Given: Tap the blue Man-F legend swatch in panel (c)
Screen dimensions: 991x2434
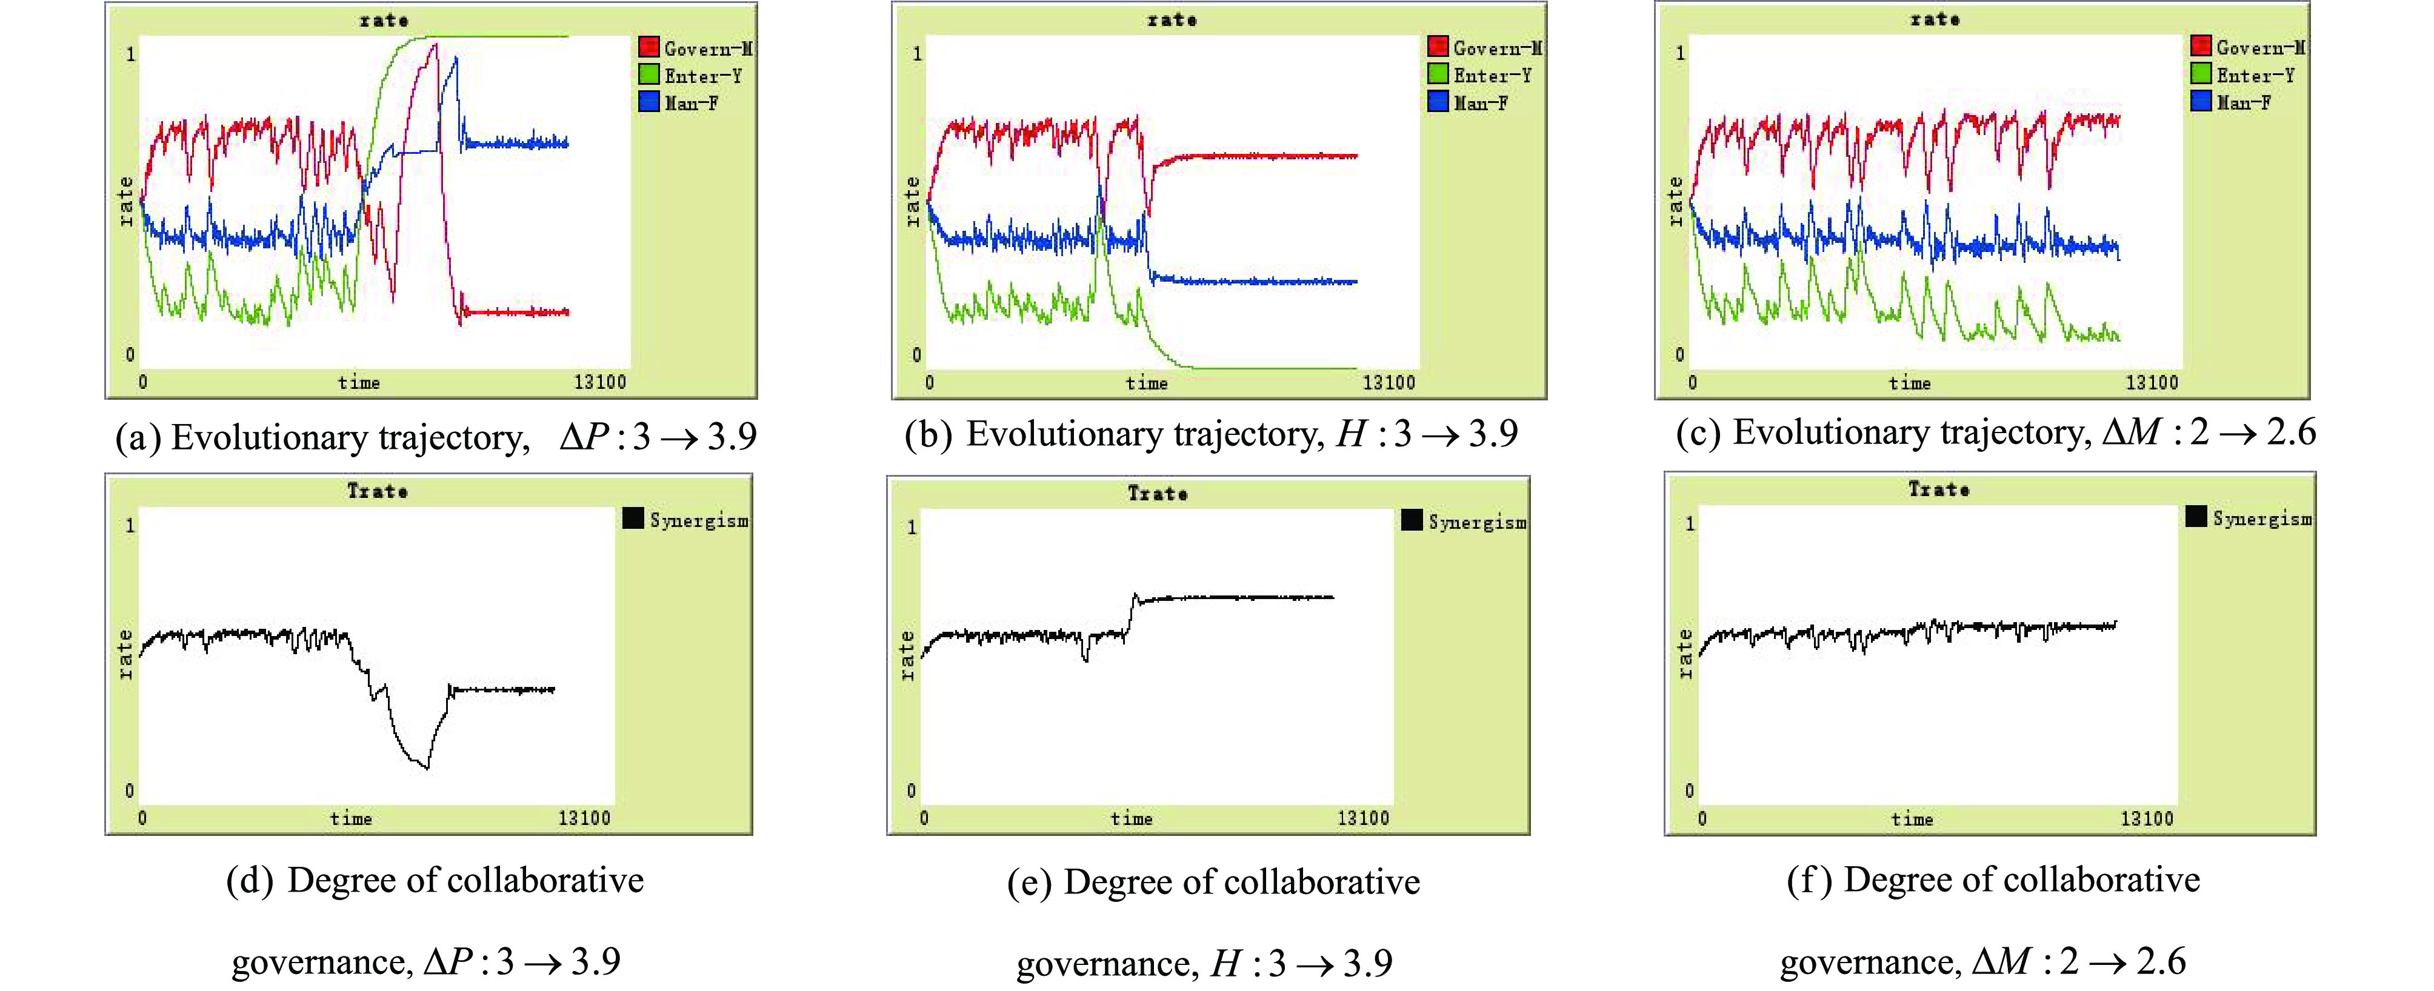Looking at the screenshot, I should (x=2201, y=101).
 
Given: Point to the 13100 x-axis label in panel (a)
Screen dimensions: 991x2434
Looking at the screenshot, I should (x=600, y=382).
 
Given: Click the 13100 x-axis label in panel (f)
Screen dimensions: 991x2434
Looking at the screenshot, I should (x=2147, y=818).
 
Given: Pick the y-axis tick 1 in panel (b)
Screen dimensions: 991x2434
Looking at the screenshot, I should (x=916, y=54).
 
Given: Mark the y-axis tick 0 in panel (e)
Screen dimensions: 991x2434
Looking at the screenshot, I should (x=911, y=790).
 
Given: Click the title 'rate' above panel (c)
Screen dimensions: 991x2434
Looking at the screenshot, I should (x=1934, y=19).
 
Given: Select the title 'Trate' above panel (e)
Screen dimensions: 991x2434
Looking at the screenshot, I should (x=1158, y=493).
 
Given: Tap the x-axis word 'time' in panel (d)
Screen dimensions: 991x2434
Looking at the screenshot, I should (x=350, y=818).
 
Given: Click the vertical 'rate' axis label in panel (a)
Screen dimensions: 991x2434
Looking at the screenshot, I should (x=125, y=201).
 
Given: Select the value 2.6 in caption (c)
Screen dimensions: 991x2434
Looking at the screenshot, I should (x=2292, y=433).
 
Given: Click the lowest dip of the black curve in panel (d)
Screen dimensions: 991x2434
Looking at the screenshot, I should (x=426, y=767).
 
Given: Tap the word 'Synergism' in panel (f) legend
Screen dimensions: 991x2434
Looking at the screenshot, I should (x=2262, y=519).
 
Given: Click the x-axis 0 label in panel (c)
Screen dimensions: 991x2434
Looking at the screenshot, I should (x=1692, y=383).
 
